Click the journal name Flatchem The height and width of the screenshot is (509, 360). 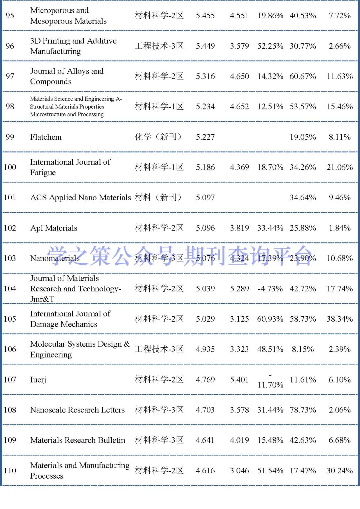coord(46,137)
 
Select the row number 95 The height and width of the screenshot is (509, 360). coord(10,16)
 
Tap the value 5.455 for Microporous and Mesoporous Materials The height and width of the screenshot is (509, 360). coord(205,16)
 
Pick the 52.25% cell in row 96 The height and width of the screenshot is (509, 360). coord(270,46)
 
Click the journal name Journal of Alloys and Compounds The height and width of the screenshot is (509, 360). coord(67,76)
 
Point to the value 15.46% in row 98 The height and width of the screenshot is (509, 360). coord(340,107)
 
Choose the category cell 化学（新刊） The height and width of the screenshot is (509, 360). coord(159,137)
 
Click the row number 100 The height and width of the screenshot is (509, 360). coord(10,167)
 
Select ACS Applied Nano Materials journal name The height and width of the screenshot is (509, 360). coord(80,198)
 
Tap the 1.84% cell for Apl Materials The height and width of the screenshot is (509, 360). coord(340,228)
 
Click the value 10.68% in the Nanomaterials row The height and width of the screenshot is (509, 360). coord(340,258)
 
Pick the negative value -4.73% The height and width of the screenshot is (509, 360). coord(270,289)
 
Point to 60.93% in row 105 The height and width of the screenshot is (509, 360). coord(270,319)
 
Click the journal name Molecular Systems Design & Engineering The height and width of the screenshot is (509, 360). coord(80,349)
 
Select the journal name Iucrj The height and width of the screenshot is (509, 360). coord(38,380)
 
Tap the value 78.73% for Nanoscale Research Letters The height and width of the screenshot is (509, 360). coord(303,410)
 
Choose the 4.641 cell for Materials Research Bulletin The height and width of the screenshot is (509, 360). coord(205,440)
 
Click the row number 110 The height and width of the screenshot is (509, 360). coord(10,471)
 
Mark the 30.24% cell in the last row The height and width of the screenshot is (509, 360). coord(340,471)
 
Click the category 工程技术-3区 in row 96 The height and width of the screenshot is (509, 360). coord(159,46)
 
